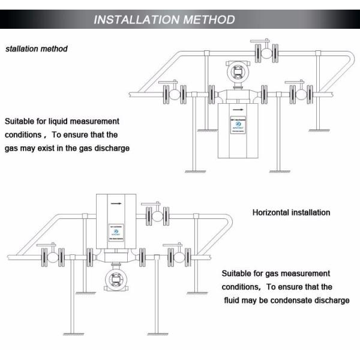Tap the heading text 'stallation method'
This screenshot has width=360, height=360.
point(37,49)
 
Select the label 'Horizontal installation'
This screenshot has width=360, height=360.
point(291,212)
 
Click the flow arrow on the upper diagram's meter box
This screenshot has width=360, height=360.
point(238,110)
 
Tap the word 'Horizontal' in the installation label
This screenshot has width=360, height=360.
point(271,212)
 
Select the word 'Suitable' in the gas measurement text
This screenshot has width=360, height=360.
point(236,273)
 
